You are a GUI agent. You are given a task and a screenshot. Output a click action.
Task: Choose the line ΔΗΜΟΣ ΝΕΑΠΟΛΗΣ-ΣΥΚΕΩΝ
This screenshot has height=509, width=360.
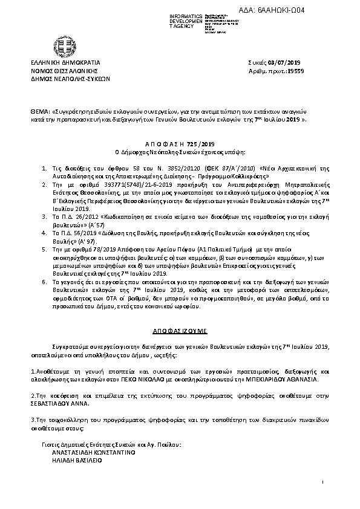[x=70, y=78]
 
